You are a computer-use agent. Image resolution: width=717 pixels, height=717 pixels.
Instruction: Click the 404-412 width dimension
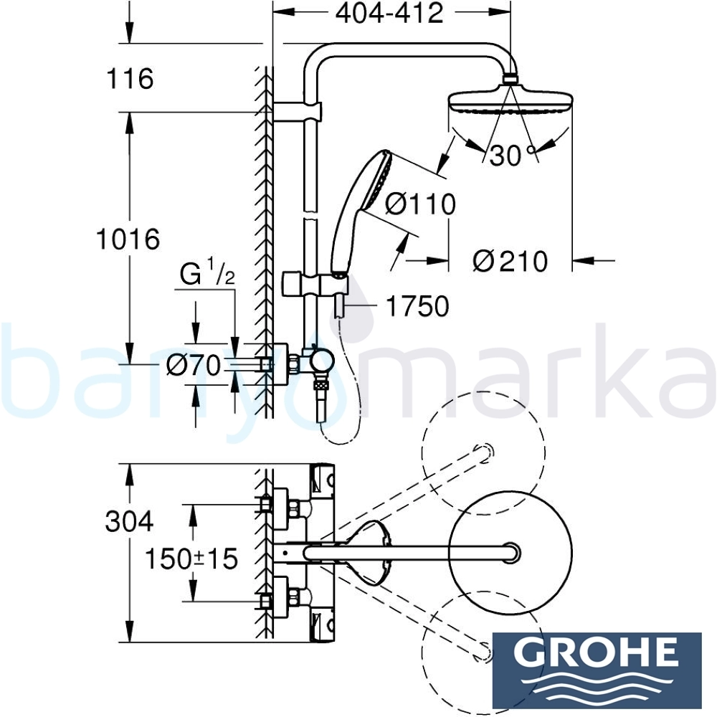pyautogui.click(x=389, y=13)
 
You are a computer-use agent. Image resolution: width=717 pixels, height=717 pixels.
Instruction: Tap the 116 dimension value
pyautogui.click(x=130, y=79)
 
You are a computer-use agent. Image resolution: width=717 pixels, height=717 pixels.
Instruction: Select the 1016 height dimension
pyautogui.click(x=128, y=239)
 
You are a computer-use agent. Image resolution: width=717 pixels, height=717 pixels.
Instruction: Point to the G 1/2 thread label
pyautogui.click(x=207, y=272)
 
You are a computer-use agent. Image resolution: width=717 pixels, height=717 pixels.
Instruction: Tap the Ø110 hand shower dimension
pyautogui.click(x=420, y=204)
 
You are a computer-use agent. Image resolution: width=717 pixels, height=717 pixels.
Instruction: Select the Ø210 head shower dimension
pyautogui.click(x=510, y=262)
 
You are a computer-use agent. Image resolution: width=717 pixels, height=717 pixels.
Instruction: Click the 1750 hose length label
pyautogui.click(x=417, y=306)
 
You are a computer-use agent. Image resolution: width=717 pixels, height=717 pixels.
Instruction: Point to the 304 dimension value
pyautogui.click(x=129, y=521)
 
